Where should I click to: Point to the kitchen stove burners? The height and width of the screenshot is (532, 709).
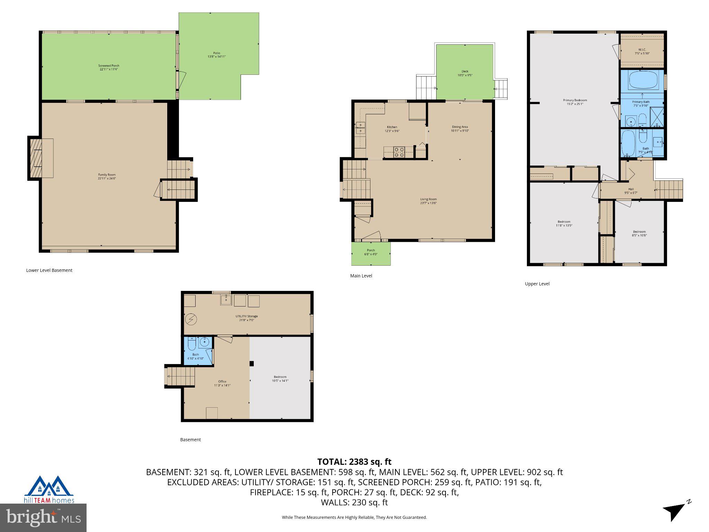tap(399, 152)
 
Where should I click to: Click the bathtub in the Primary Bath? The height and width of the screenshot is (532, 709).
tap(643, 80)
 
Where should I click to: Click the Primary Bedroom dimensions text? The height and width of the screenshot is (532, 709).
tap(575, 104)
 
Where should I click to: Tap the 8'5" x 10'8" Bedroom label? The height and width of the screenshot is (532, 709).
tap(639, 233)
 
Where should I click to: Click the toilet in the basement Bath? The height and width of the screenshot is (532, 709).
tap(191, 344)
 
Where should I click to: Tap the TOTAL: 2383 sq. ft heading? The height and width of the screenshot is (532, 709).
tap(354, 462)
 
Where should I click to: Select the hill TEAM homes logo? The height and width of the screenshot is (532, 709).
tap(49, 489)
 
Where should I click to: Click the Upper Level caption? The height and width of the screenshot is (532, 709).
tap(537, 284)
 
